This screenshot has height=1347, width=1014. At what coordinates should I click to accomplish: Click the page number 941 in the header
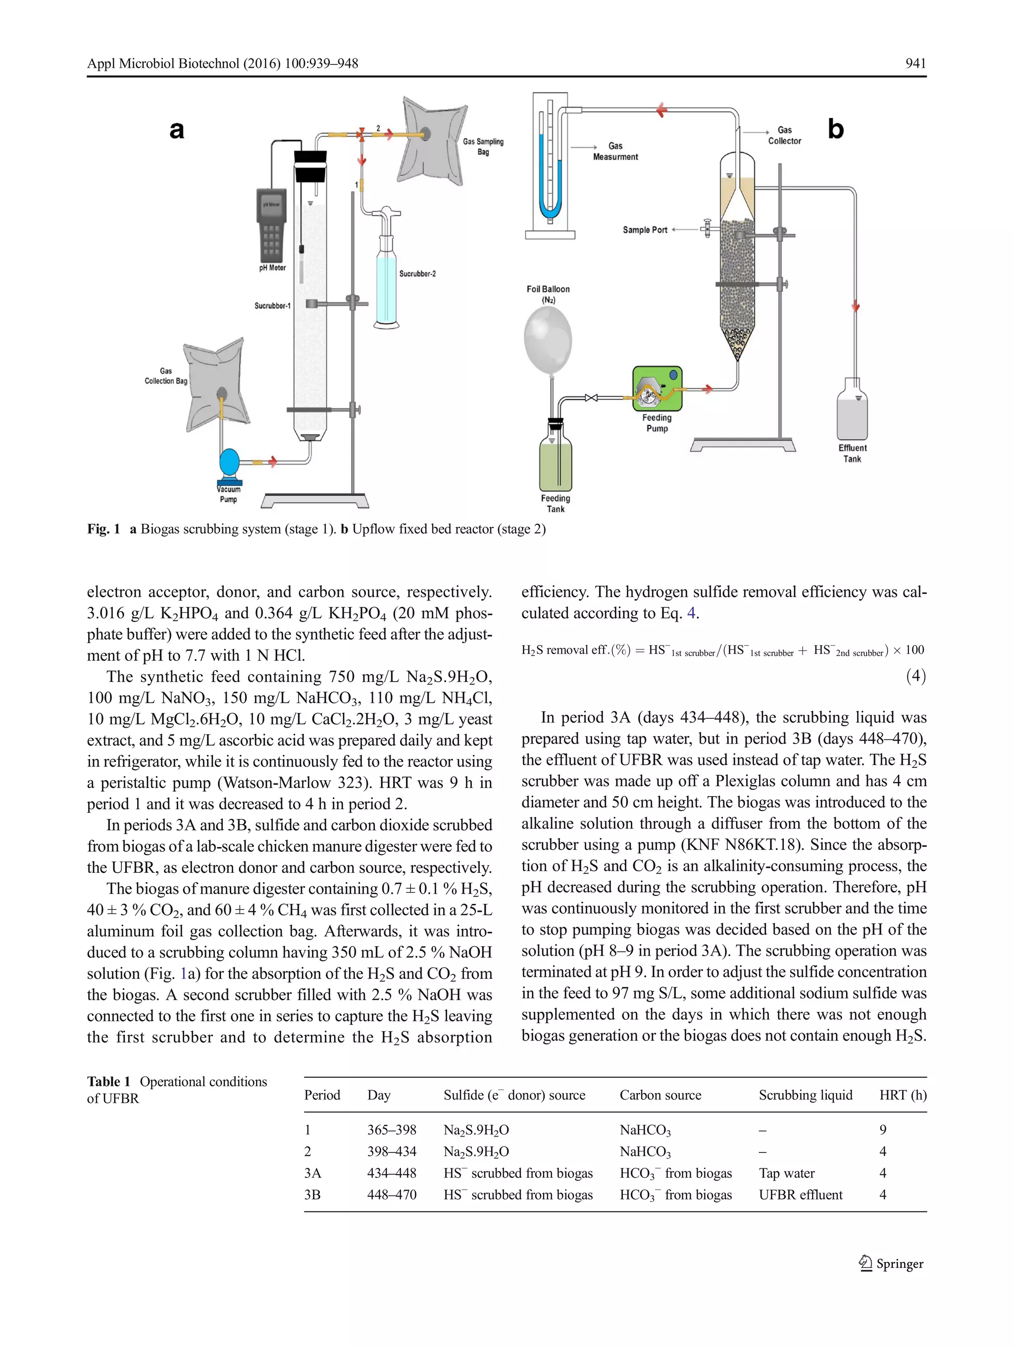click(915, 63)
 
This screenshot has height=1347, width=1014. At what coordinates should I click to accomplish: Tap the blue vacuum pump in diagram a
click(230, 462)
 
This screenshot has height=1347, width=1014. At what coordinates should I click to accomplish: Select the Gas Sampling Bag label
click(483, 146)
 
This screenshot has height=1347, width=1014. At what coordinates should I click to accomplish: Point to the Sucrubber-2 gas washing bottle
click(386, 280)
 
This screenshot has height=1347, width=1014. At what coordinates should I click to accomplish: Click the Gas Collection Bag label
click(166, 376)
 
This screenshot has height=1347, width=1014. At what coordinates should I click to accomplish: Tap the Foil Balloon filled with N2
click(548, 340)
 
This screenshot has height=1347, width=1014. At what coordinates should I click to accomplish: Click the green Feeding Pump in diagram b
click(657, 389)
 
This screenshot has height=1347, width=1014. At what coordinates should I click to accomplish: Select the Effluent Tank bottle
click(852, 409)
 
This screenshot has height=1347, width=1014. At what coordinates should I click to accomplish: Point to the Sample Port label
click(645, 230)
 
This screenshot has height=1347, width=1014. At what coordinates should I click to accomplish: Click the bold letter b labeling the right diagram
click(836, 129)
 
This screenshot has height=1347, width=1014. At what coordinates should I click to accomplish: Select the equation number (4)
click(915, 675)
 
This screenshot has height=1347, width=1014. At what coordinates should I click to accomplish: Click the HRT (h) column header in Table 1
click(903, 1095)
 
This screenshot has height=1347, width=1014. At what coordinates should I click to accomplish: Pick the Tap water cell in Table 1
click(786, 1173)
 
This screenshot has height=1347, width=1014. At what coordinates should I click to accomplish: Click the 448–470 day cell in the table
click(392, 1194)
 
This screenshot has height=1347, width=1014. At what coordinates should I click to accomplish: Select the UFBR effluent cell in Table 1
click(800, 1194)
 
